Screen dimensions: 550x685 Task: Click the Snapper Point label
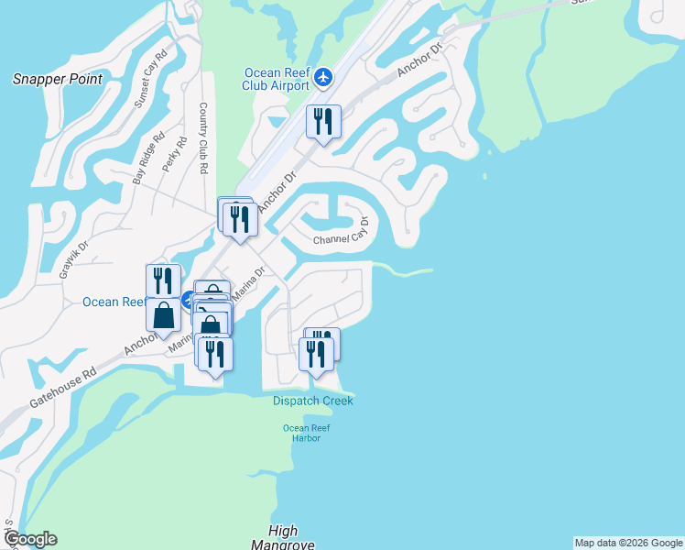click(x=57, y=79)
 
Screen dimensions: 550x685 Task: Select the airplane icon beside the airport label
click(x=322, y=77)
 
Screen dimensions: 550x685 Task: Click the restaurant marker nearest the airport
click(x=322, y=123)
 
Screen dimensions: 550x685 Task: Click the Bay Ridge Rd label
click(x=148, y=159)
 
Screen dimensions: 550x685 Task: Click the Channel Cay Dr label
click(x=341, y=234)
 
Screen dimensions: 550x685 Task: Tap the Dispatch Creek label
click(x=312, y=401)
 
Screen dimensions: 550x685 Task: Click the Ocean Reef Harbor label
click(x=306, y=433)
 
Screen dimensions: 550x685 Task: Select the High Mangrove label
click(x=283, y=538)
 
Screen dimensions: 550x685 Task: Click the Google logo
click(x=29, y=539)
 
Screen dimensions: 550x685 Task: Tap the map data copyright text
click(x=628, y=543)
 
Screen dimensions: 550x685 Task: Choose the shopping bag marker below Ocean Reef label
click(x=163, y=316)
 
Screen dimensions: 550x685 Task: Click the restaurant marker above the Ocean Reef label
click(x=163, y=280)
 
